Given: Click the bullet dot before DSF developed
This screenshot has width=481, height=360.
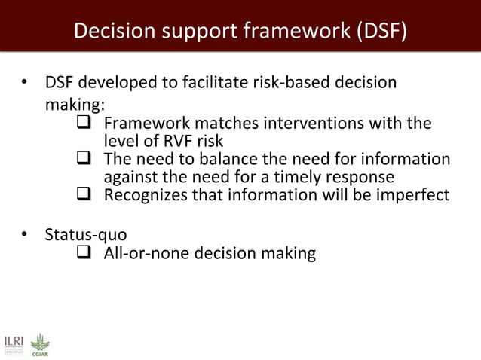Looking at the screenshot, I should [24, 82].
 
